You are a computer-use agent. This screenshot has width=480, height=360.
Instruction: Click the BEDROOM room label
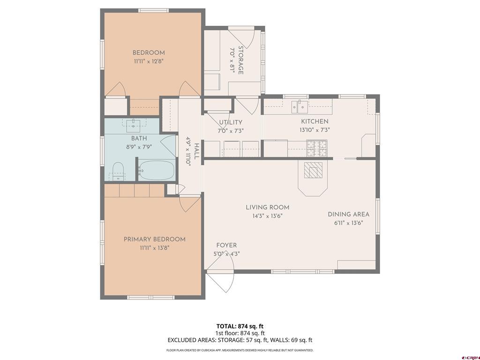[x=149, y=52]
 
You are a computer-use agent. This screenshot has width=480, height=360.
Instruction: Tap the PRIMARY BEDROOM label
[x=155, y=240]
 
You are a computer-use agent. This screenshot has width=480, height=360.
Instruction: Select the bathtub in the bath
[x=157, y=171]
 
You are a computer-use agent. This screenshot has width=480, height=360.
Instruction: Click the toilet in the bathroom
[x=118, y=172]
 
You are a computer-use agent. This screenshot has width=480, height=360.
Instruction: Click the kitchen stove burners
[x=317, y=148]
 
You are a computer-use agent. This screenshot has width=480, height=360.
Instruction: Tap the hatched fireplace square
[x=313, y=170]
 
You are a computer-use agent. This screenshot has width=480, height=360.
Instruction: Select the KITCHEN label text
[x=315, y=121]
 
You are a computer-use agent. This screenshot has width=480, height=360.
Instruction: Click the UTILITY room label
[x=231, y=123]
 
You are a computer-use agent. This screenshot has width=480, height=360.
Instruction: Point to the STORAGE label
[x=240, y=60]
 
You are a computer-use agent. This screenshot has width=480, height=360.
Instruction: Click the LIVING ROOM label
[x=268, y=208]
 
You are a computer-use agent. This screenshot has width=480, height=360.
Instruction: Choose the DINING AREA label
[x=349, y=214]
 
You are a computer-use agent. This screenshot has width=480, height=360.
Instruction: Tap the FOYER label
[x=226, y=246]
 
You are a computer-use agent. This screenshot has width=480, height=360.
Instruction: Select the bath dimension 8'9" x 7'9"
[x=139, y=147]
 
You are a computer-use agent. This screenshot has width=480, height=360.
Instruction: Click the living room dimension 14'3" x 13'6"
[x=267, y=216]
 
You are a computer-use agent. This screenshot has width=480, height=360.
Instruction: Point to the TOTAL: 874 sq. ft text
[x=240, y=326]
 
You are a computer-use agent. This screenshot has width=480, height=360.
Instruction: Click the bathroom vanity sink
[x=134, y=124]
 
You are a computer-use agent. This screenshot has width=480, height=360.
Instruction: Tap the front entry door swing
[x=220, y=273]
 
